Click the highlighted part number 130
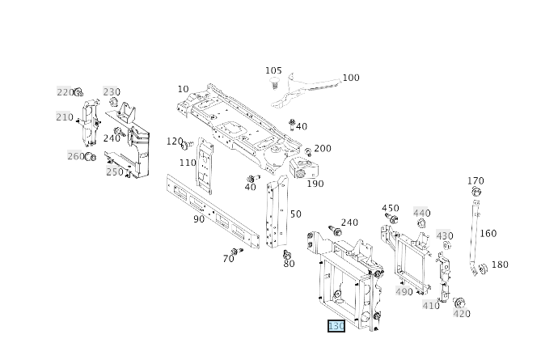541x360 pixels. tap(336, 326)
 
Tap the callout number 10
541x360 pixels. tap(183, 89)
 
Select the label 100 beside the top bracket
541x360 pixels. tap(350, 78)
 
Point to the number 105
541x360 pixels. tap(273, 71)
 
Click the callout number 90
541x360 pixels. tap(199, 219)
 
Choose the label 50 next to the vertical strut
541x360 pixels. tap(295, 214)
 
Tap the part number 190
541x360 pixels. tap(315, 184)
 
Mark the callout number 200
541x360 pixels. tap(322, 149)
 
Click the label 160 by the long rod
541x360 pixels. tap(488, 234)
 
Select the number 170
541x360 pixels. tap(475, 181)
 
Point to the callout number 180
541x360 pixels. tap(500, 265)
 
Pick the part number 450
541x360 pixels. tap(391, 209)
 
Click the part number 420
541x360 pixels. tap(461, 314)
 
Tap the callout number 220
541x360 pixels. tap(65, 92)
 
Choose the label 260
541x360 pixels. tap(75, 156)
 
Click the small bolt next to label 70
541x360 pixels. tap(235, 251)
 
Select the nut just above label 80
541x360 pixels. tap(286, 255)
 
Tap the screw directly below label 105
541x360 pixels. tap(274, 83)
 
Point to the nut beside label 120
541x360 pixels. tap(184, 146)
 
